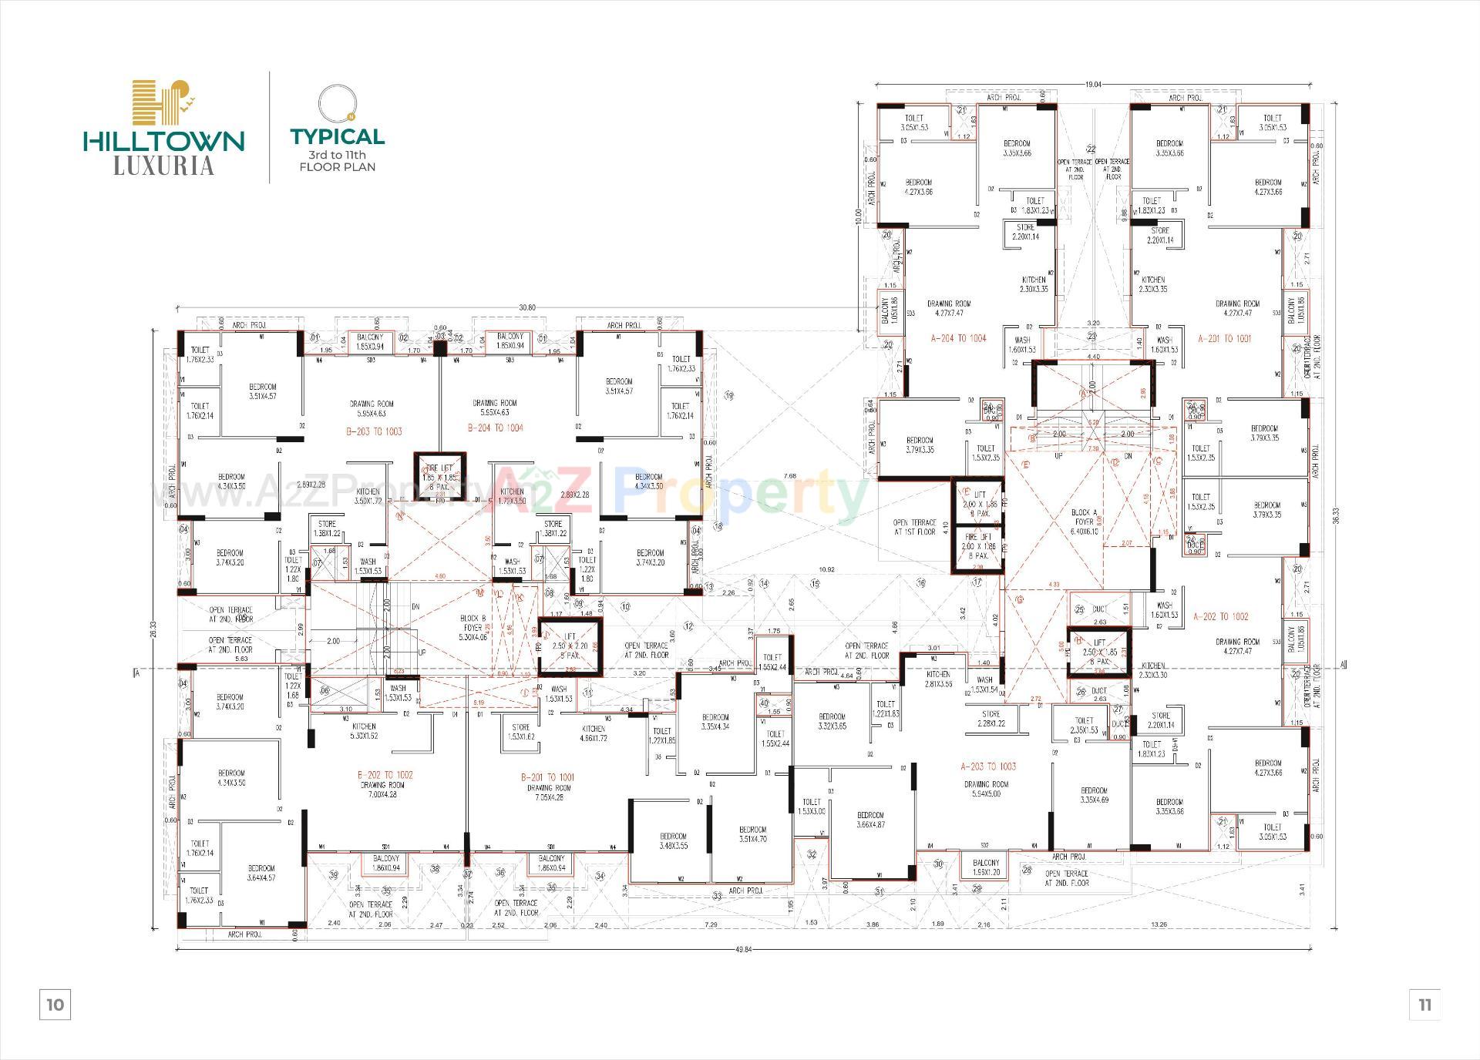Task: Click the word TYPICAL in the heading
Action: [x=337, y=137]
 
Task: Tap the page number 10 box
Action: [x=55, y=1005]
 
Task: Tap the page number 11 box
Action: [x=1424, y=1005]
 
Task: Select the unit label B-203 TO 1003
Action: [x=375, y=431]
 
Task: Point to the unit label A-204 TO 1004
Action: [x=958, y=338]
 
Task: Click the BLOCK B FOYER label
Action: [x=473, y=627]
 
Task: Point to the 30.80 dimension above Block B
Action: [x=526, y=307]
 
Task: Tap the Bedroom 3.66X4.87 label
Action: [x=870, y=819]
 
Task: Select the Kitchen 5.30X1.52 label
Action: [x=364, y=731]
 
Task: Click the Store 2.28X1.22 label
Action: [x=991, y=719]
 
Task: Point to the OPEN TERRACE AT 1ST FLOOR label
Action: [x=915, y=527]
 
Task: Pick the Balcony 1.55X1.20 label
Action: [x=986, y=867]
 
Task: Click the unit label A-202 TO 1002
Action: [x=1220, y=616]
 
